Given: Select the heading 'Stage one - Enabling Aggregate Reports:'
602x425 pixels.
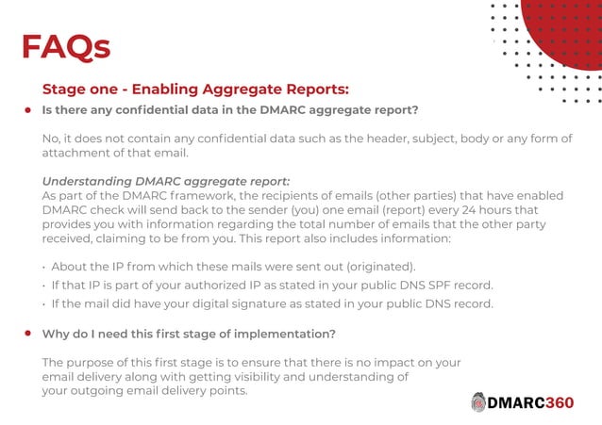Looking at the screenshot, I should point(195,90).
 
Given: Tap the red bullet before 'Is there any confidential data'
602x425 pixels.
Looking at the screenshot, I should point(28,110).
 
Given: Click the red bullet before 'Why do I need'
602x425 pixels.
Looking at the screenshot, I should point(28,334).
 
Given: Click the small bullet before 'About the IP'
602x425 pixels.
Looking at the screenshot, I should point(44,268).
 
